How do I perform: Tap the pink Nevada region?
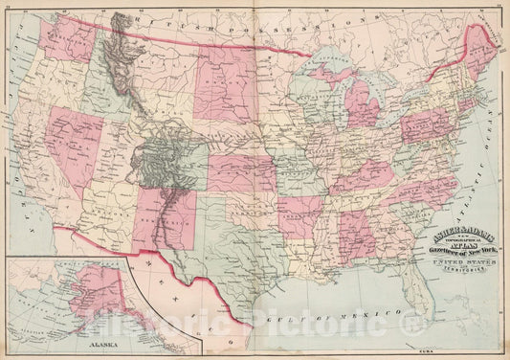(x=67, y=144)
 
